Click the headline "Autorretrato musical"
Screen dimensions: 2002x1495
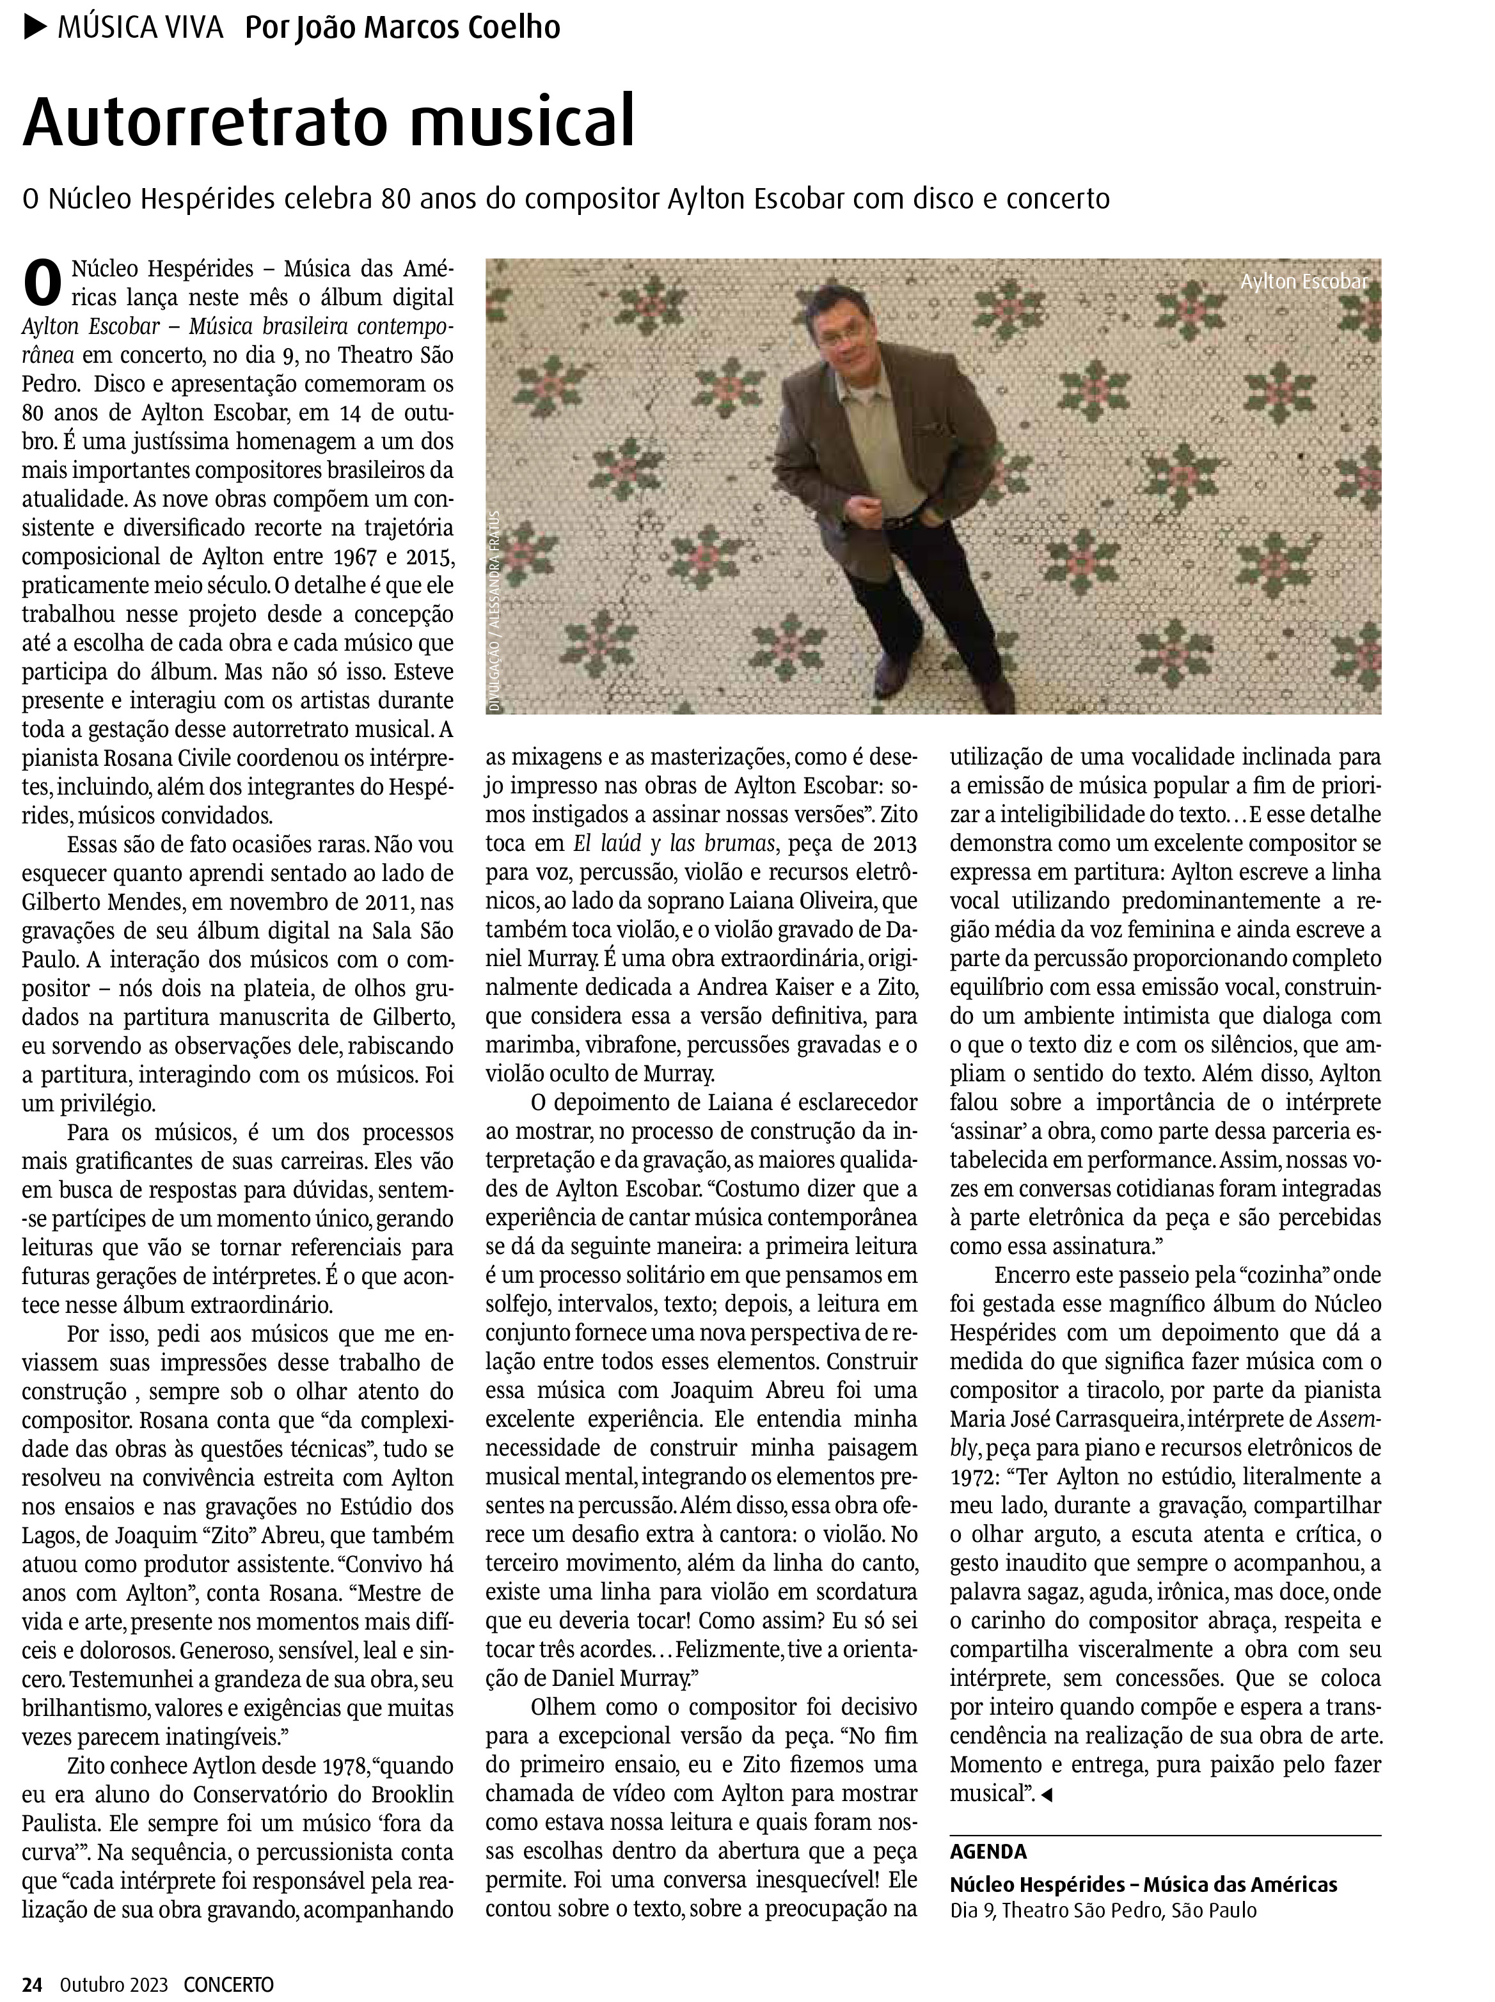(329, 122)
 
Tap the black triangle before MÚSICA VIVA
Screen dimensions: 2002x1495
(35, 28)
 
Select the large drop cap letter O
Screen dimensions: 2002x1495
(42, 283)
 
